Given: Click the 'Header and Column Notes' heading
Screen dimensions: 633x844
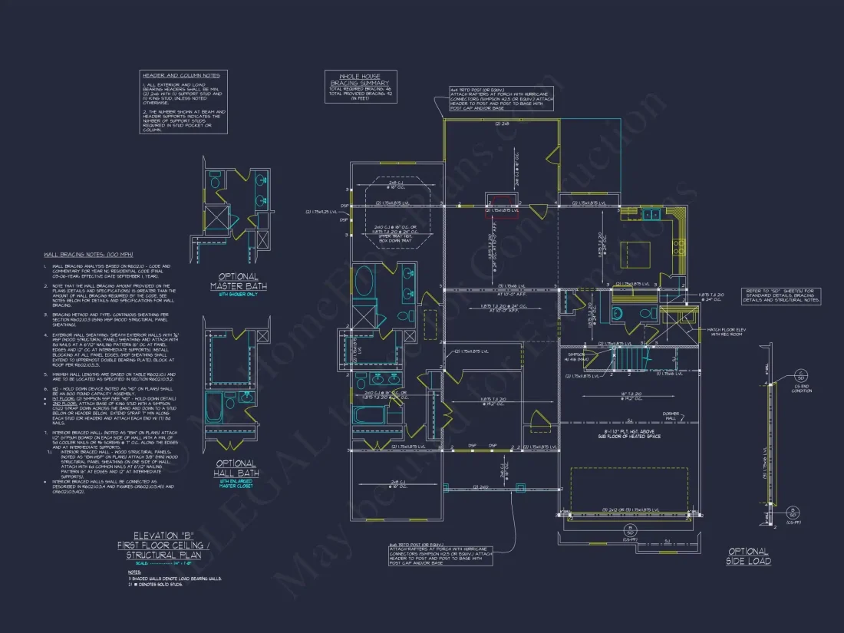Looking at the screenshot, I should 180,75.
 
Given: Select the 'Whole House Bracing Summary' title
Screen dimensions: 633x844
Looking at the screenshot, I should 360,79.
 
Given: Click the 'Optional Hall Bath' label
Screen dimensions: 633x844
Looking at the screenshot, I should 236,468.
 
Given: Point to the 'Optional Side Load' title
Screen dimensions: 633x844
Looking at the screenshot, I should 747,556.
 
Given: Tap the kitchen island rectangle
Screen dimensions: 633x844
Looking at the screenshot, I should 636,252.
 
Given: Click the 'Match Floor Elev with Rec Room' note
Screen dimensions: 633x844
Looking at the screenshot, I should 724,331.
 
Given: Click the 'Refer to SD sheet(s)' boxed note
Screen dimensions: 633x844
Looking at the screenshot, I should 780,295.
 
